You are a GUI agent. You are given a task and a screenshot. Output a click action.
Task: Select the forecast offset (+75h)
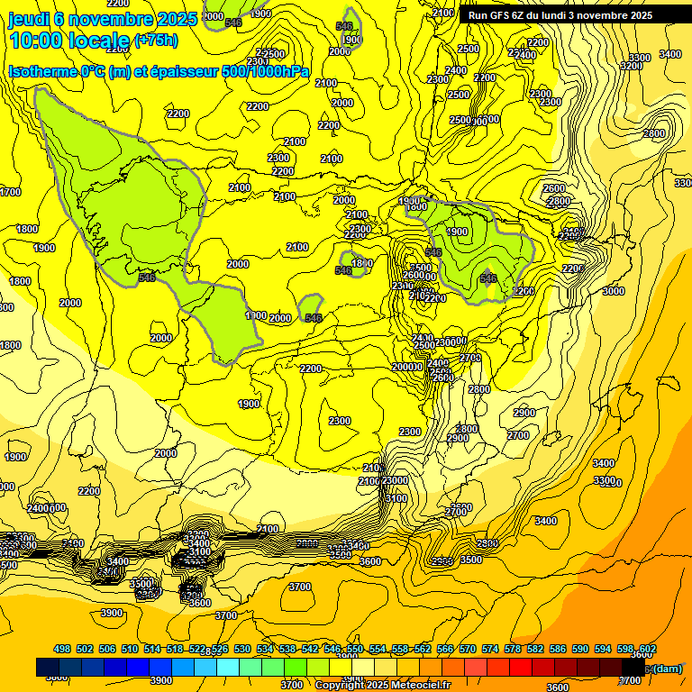pyautogui.click(x=155, y=41)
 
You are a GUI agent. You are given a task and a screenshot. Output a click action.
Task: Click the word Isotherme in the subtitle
pyautogui.click(x=42, y=72)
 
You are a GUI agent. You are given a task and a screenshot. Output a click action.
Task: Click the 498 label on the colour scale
pyautogui.click(x=62, y=650)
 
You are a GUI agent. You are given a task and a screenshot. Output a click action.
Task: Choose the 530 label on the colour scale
pyautogui.click(x=242, y=650)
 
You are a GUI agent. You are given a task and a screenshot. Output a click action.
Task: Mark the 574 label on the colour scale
pyautogui.click(x=490, y=650)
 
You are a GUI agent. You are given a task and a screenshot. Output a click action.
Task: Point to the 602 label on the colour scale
pyautogui.click(x=647, y=650)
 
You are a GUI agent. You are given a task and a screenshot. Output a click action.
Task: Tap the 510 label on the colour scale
pyautogui.click(x=130, y=650)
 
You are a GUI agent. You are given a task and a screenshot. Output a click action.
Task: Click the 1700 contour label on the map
pyautogui.click(x=10, y=192)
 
